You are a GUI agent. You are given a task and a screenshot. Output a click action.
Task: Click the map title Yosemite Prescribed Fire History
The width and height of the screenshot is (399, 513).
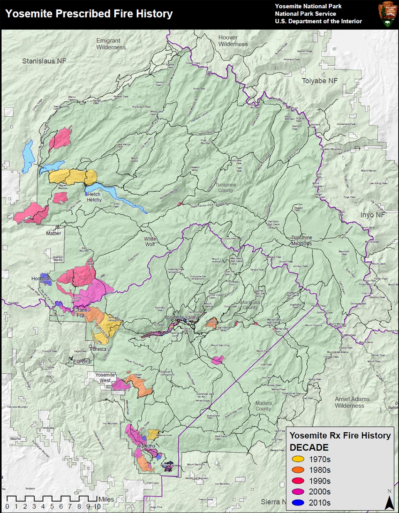coord(89,14)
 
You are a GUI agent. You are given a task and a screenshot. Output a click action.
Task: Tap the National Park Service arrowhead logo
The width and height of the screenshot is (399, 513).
coord(387,15)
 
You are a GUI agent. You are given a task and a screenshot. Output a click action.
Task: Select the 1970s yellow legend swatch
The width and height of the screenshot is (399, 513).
coord(298,459)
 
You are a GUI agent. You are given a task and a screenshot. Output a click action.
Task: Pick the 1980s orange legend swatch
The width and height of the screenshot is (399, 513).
coord(298,470)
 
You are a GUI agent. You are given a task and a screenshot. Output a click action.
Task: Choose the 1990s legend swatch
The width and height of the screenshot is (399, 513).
coord(298,481)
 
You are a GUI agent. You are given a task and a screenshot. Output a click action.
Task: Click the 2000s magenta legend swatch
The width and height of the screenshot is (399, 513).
coord(298,492)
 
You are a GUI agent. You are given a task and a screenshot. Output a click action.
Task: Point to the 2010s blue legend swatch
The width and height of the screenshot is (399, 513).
coord(298,503)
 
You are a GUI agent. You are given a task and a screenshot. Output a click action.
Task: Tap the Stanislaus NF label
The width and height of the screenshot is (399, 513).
coord(44,61)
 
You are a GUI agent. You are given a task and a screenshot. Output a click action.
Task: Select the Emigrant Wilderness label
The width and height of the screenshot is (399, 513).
coord(108,44)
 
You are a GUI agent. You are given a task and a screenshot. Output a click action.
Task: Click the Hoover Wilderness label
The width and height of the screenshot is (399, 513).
coord(233,41)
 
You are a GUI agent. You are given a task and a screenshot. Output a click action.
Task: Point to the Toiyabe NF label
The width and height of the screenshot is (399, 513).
coord(320,81)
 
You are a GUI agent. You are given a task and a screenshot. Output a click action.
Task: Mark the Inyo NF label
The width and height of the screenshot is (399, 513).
coord(372,215)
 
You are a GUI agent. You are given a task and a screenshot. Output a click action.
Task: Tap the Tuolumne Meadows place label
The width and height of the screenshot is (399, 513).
coord(302,240)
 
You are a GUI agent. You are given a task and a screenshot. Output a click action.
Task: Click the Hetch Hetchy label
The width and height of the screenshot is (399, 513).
coord(94,197)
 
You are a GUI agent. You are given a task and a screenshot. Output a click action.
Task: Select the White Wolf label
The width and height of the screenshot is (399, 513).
coord(150,241)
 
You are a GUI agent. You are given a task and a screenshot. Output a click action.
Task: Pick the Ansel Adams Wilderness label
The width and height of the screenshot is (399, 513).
coord(352,402)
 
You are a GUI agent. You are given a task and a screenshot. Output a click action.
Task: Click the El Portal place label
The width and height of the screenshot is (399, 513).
coord(82,362)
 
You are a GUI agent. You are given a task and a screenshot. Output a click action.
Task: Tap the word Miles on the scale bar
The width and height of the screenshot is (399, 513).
coord(106,499)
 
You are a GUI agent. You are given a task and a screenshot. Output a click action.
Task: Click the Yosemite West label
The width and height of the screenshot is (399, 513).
coord(105,377)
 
